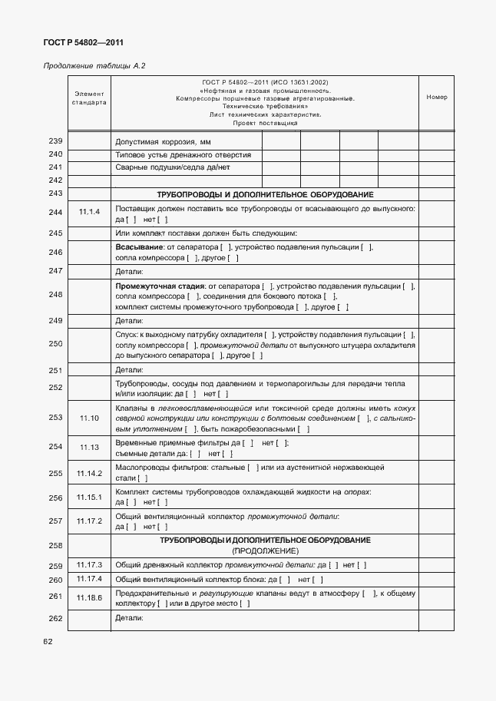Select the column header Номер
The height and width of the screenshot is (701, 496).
pyautogui.click(x=436, y=98)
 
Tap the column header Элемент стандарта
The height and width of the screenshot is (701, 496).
pyautogui.click(x=89, y=98)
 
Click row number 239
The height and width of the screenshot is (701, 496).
pyautogui.click(x=55, y=141)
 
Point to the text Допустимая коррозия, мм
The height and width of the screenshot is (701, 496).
pyautogui.click(x=163, y=142)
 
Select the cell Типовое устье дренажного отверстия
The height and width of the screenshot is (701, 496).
pyautogui.click(x=183, y=154)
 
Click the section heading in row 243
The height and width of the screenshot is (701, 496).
pyautogui.click(x=265, y=194)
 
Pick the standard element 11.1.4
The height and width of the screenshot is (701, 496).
pyautogui.click(x=89, y=213)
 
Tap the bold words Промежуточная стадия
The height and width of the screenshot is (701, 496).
pyautogui.click(x=154, y=286)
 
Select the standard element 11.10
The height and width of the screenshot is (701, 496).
pyautogui.click(x=89, y=418)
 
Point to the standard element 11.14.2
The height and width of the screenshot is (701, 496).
pyautogui.click(x=89, y=473)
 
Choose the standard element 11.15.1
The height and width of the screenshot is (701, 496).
pyautogui.click(x=89, y=498)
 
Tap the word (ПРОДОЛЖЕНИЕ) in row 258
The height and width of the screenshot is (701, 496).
pyautogui.click(x=265, y=551)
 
